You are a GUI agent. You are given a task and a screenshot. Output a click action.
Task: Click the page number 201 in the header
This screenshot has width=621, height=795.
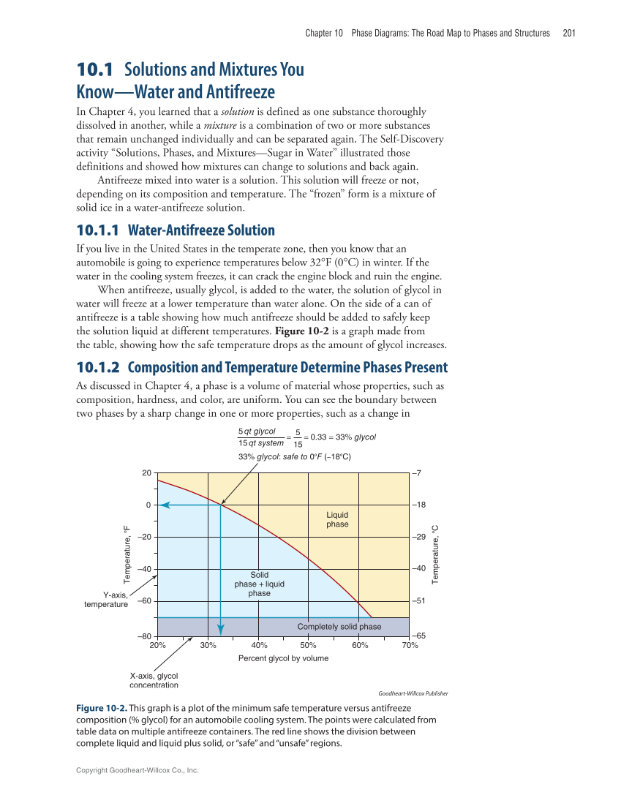pos(569,33)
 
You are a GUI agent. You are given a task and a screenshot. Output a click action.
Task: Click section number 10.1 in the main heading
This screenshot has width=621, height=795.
pos(95,71)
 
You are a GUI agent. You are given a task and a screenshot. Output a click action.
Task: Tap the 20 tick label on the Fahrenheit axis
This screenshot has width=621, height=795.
pos(146,473)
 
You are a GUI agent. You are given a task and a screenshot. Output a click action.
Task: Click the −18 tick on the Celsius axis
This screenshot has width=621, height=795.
pos(421,505)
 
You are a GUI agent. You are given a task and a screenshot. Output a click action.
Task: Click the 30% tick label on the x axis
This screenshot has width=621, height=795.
pos(208,646)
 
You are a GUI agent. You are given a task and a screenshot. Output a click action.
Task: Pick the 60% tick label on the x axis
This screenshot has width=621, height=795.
pos(359,646)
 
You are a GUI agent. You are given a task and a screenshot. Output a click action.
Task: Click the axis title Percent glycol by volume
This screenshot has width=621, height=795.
pos(283,658)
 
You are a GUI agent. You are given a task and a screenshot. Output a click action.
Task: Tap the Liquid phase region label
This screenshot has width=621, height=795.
pos(337,519)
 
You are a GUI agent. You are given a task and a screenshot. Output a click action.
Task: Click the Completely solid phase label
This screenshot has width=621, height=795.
pos(339,627)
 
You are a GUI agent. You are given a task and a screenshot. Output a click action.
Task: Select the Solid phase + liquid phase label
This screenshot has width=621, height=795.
pos(259,584)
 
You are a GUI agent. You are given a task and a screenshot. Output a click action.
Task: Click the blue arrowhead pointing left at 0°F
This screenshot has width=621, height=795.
pos(164,505)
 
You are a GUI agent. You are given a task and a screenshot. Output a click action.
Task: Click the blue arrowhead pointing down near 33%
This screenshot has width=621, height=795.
pos(221,628)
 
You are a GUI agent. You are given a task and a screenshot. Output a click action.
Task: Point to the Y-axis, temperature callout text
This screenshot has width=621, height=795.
pos(106,600)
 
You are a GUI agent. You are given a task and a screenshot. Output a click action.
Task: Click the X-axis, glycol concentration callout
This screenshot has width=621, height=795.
pos(154,680)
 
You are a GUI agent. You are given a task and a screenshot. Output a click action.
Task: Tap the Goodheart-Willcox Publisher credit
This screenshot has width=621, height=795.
pos(413,693)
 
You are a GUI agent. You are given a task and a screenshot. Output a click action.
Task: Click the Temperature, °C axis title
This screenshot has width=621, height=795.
pos(435,554)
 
